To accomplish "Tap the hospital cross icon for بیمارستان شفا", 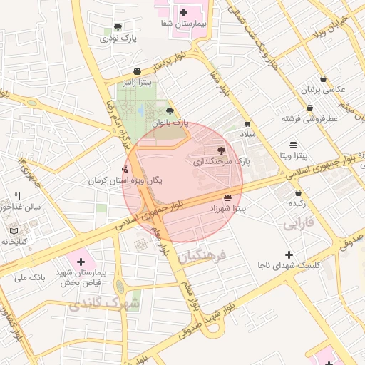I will coord(184,12).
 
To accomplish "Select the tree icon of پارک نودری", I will coord(118,27).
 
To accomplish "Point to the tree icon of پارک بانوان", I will coord(170,111).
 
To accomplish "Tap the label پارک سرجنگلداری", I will coord(222,162).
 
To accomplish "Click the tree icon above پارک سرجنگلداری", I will coord(220,150).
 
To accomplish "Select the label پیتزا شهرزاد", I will coord(227,209).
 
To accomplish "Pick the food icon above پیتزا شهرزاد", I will coord(227,197).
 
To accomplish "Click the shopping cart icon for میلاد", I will coord(247,123).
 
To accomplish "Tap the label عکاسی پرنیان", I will coord(325,90).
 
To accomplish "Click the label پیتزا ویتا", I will coord(294,155).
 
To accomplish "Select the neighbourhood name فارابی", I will coord(297,225).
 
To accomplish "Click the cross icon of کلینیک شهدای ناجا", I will coord(289,255).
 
